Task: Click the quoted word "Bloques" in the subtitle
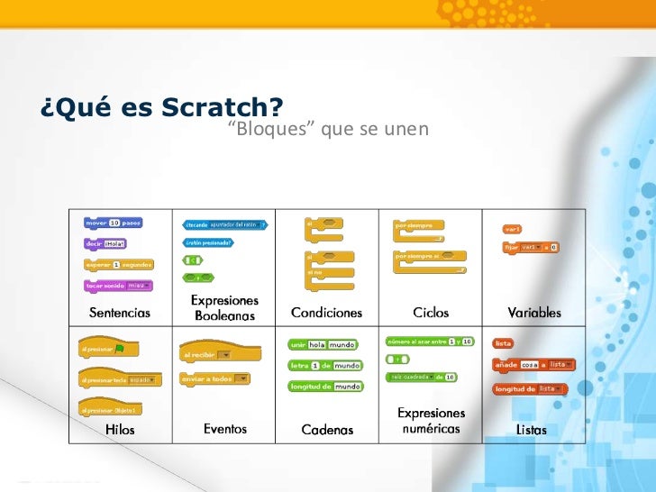coord(265,130)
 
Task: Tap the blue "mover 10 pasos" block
coord(113,223)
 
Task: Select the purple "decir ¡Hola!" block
coord(105,243)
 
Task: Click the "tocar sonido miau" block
coord(115,286)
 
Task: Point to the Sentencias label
coord(119,314)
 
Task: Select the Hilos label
coord(119,430)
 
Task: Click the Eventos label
coord(224,429)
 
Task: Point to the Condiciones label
coord(326,314)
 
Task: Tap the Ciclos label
coord(431,314)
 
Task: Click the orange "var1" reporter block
coord(513,229)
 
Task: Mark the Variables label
coord(533,314)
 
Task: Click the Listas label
coord(531,430)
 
